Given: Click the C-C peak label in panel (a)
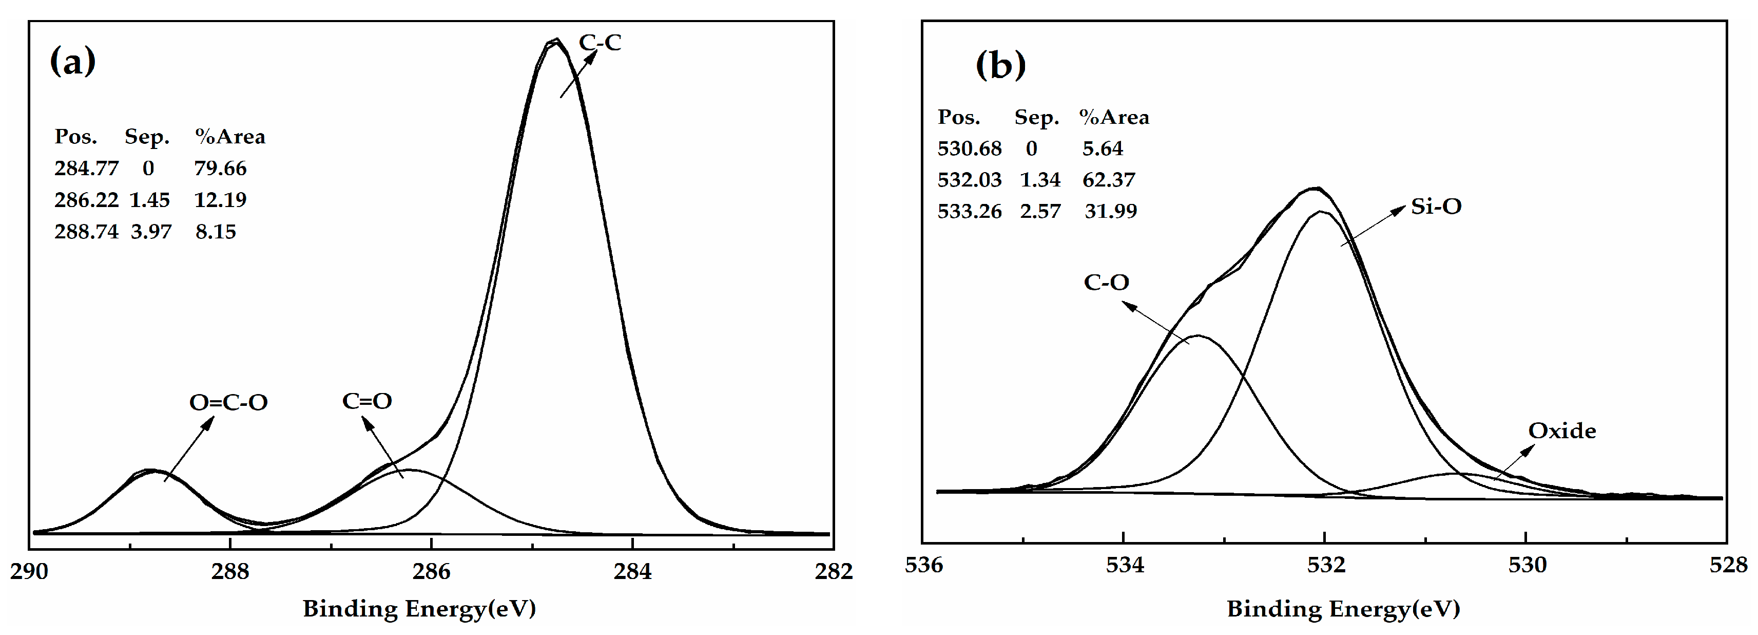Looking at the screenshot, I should point(600,42).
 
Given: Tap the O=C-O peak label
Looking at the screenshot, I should point(228,402).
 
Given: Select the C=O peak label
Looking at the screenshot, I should point(367,401).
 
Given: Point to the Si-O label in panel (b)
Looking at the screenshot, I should point(1436,206).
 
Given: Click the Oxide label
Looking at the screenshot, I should point(1561,431).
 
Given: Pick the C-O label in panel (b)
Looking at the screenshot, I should point(1106,282).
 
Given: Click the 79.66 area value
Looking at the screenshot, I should point(220,168).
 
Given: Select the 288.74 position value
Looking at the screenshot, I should point(86,232).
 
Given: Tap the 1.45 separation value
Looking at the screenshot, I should point(149,200).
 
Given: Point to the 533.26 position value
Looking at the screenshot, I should point(969,211).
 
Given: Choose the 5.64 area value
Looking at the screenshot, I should point(1102,148).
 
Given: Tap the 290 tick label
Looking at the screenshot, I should point(29,571).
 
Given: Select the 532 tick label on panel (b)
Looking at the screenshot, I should point(1325,565).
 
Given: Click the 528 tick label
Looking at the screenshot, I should point(1727,565).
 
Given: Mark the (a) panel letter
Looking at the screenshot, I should point(72,62).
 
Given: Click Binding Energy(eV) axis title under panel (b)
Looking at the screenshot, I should point(1343,608).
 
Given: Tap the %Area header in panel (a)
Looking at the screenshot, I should point(230,137).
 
